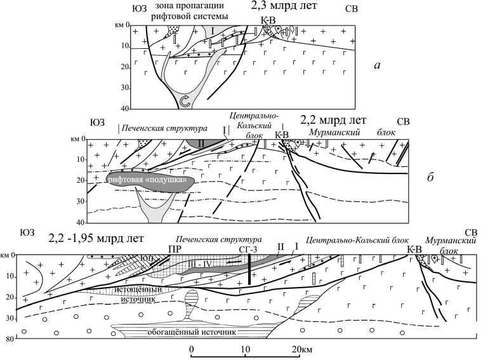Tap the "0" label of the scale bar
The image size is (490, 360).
tap(191, 350)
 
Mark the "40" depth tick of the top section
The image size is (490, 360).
tap(119, 109)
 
